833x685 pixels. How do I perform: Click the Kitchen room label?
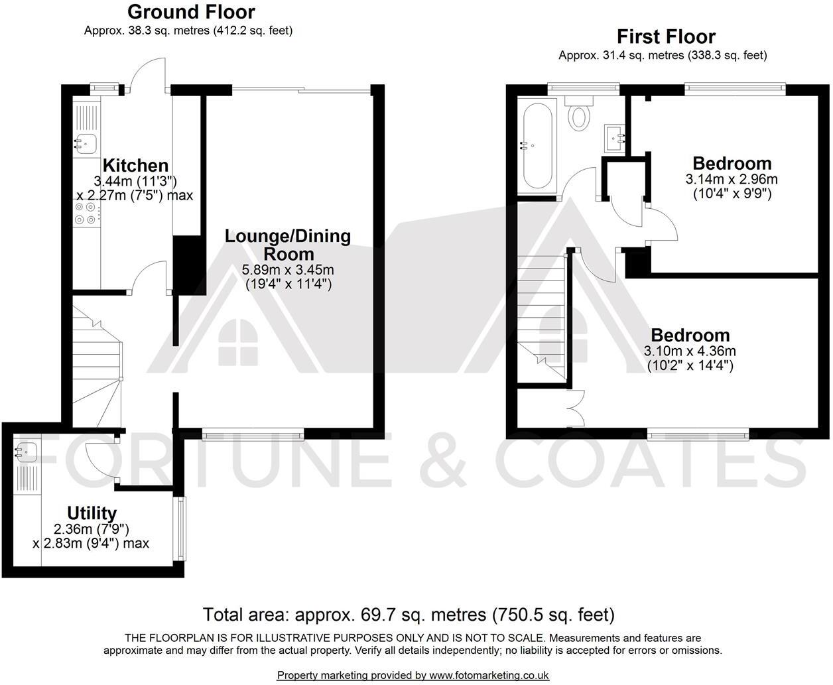(x=135, y=165)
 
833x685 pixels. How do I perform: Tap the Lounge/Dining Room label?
(x=288, y=244)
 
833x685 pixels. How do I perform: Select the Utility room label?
(x=92, y=513)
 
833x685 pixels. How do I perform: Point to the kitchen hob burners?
(x=87, y=213)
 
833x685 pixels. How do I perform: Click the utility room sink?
(x=26, y=453)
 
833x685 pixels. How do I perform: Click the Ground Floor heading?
(x=191, y=12)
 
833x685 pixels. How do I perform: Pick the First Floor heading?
(x=666, y=36)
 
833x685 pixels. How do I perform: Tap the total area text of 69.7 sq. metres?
(x=409, y=614)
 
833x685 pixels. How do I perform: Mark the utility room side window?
(x=179, y=529)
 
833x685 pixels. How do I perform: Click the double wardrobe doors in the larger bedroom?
(x=575, y=407)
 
